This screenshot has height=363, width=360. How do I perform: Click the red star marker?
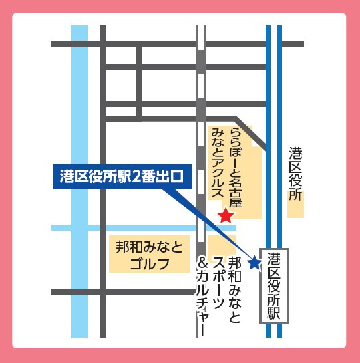pos(226,215)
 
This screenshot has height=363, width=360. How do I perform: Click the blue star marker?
pos(254,263)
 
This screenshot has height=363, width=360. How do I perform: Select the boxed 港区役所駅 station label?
pos(275,286)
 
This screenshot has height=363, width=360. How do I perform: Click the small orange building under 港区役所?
pos(295,210)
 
